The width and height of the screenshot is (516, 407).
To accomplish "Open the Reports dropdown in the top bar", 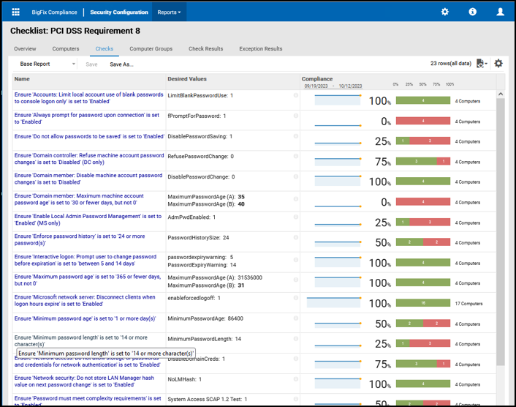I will click(169, 12).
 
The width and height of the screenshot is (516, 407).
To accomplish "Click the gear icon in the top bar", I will click(445, 12).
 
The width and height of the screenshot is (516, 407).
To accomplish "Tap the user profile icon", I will click(501, 12).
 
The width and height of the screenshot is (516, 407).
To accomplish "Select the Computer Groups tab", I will click(151, 49).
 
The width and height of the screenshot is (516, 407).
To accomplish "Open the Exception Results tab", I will click(260, 49).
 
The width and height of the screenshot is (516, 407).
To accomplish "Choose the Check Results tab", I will click(205, 49).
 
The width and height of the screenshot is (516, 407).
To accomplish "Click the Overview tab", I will click(25, 49).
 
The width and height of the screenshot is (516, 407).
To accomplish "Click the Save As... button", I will click(121, 64).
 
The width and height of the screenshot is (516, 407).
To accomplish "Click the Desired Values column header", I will click(187, 79).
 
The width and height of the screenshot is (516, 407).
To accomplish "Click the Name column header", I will click(22, 79).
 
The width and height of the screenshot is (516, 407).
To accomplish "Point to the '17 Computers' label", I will click(468, 303).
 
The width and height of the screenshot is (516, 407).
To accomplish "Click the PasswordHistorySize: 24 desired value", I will click(198, 238).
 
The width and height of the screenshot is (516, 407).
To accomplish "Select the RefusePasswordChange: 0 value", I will click(200, 157).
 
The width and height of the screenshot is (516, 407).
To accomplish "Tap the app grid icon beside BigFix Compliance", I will click(16, 12).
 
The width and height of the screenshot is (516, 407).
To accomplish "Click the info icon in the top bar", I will click(473, 12).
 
